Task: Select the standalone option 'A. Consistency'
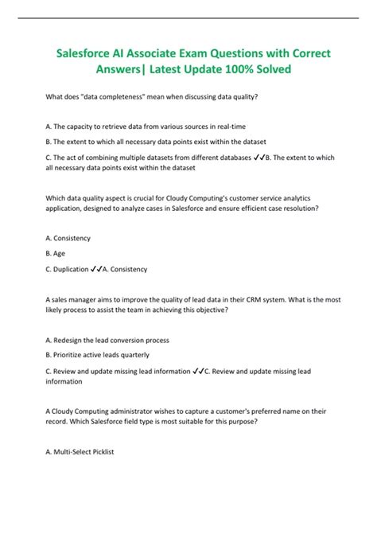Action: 69,237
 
